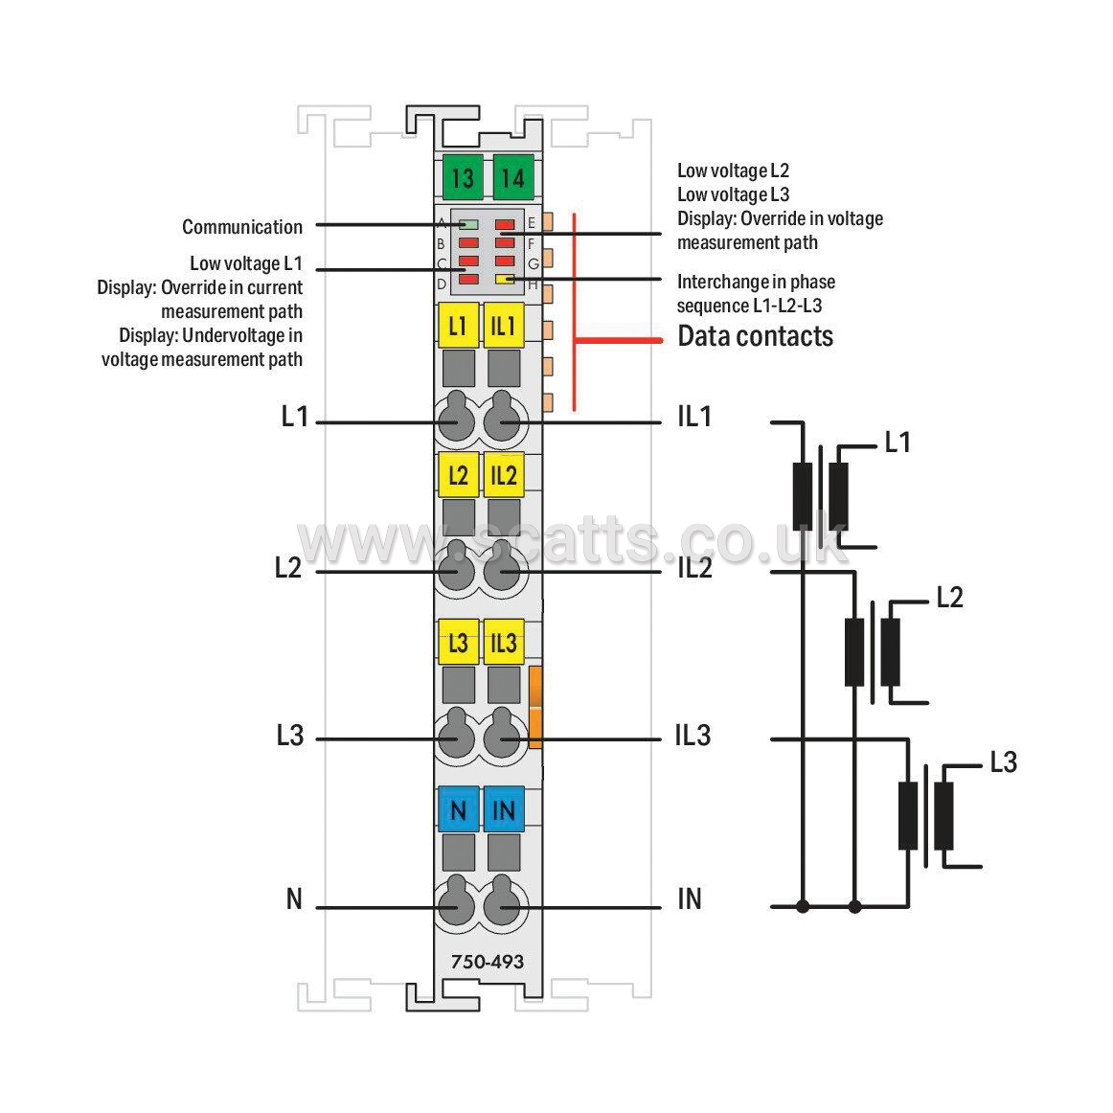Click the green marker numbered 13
[x=463, y=178]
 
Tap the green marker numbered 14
[x=513, y=178]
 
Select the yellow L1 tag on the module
[x=458, y=326]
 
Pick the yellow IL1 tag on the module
[x=503, y=326]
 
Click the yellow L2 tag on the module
[x=458, y=475]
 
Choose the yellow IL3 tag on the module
[x=503, y=643]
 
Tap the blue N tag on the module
[x=458, y=810]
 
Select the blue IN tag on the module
[x=503, y=810]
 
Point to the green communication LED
[x=468, y=225]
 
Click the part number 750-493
[x=488, y=962]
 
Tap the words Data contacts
[x=755, y=336]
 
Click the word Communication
[x=242, y=227]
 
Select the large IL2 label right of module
[x=694, y=568]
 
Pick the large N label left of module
[x=294, y=899]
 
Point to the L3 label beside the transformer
[x=1003, y=762]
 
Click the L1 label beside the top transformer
[x=897, y=443]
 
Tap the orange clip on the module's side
[x=535, y=707]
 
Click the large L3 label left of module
[x=289, y=736]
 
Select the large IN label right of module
[x=690, y=899]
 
